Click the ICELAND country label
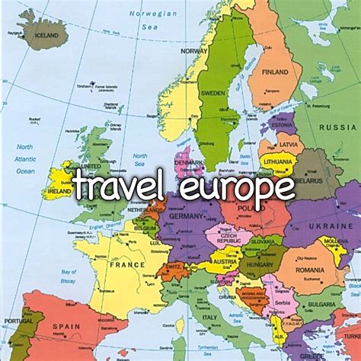click(46, 35)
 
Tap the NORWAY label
click(194, 50)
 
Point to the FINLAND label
click(276, 72)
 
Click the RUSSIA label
click(337, 126)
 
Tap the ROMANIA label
click(310, 270)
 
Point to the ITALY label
click(209, 317)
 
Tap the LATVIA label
click(289, 145)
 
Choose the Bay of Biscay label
click(70, 276)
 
